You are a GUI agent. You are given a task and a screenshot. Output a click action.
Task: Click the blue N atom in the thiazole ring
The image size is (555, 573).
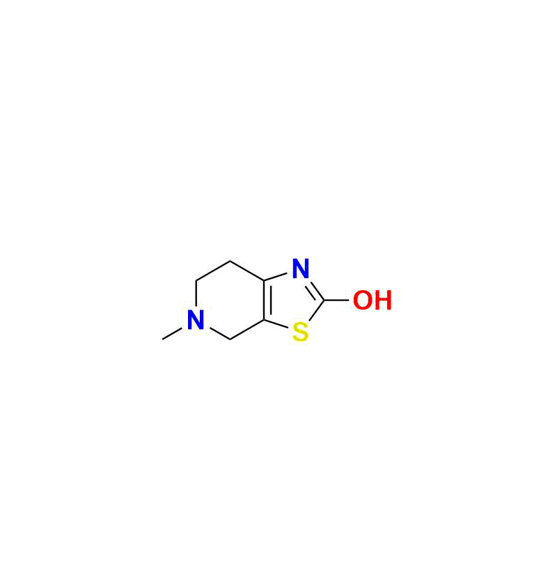(301, 268)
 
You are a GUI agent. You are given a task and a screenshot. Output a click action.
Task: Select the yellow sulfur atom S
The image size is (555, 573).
(301, 332)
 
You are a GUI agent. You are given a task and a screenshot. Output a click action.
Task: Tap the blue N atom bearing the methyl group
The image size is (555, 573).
(196, 320)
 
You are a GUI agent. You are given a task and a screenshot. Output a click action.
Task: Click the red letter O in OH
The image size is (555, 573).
(362, 300)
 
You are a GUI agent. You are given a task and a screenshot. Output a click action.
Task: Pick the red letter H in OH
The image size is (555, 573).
(382, 300)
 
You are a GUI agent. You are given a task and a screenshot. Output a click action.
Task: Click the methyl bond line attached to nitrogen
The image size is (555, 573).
(172, 333)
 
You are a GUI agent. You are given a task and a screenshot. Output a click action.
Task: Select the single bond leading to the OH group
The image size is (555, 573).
(336, 300)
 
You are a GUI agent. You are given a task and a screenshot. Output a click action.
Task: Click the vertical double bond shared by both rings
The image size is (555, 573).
(265, 300)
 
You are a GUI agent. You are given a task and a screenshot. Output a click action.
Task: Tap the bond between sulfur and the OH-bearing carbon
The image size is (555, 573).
(316, 311)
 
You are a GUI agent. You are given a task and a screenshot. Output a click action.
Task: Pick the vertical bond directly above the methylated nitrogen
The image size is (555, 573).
(196, 293)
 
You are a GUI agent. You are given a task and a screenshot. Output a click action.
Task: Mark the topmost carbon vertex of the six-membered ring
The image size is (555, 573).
(230, 261)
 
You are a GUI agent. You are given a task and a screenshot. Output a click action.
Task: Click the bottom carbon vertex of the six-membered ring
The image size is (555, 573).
(230, 339)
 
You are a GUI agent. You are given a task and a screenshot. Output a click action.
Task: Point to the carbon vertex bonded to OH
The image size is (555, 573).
(324, 300)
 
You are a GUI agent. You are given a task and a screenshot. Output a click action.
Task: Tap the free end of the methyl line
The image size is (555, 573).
(162, 339)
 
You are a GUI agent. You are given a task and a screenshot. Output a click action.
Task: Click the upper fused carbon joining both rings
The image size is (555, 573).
(264, 281)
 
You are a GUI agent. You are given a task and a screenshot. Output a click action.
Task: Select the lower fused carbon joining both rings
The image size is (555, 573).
(264, 320)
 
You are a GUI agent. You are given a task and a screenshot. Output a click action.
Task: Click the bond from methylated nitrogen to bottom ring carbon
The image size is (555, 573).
(219, 333)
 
